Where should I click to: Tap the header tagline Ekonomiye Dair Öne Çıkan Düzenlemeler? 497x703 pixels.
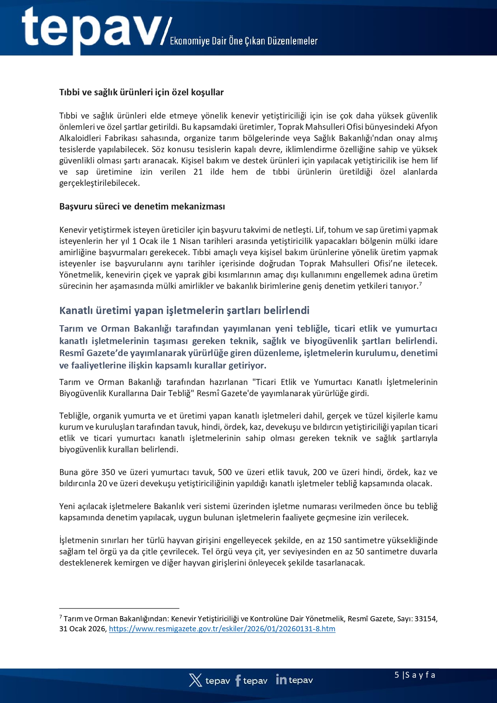click(x=243, y=41)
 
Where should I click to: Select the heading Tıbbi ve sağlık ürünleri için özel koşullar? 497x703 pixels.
click(x=141, y=92)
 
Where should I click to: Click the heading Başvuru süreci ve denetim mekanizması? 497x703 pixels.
click(x=142, y=206)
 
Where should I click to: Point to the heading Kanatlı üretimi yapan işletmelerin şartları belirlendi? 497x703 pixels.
click(x=184, y=310)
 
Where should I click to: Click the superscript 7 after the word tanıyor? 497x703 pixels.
click(x=421, y=284)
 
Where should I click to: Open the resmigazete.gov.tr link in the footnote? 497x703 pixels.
click(x=222, y=629)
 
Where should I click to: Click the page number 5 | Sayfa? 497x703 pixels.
click(x=415, y=675)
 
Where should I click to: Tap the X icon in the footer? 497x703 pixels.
click(x=195, y=680)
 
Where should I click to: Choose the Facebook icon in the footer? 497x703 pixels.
click(x=238, y=680)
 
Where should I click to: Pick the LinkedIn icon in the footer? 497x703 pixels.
click(x=281, y=679)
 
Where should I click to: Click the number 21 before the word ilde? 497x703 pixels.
click(x=198, y=172)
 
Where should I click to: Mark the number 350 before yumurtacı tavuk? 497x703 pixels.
click(x=108, y=472)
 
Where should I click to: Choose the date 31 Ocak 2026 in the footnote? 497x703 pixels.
click(x=82, y=629)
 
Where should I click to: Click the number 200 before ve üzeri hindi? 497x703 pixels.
click(x=320, y=472)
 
